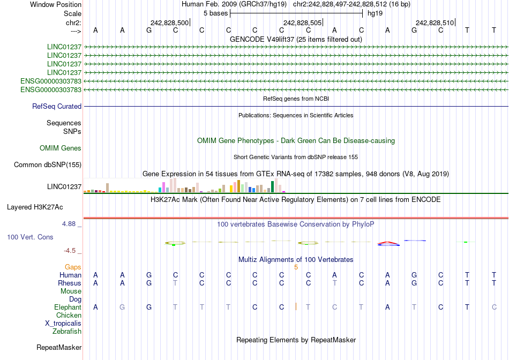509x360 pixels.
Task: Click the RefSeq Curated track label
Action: pos(57,107)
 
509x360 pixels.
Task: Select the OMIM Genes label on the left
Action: pos(61,148)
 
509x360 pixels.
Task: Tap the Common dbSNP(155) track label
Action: pos(47,165)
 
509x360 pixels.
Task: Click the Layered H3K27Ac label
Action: pos(34,207)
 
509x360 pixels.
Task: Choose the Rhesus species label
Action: pos(70,283)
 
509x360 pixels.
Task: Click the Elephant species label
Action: pos(68,307)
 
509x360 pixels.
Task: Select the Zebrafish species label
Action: pos(67,332)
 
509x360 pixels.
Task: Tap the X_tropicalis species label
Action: pos(63,324)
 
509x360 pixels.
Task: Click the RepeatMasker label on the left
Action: pos(59,348)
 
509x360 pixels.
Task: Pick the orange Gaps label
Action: pos(73,267)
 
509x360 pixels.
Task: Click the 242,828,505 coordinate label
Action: pos(302,23)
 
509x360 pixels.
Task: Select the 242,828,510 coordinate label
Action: pos(435,23)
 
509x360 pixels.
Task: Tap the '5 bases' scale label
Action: pos(216,13)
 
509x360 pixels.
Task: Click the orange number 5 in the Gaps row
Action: pos(296,267)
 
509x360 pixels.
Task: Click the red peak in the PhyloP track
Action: pos(388,243)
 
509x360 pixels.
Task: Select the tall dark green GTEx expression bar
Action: pos(273,186)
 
